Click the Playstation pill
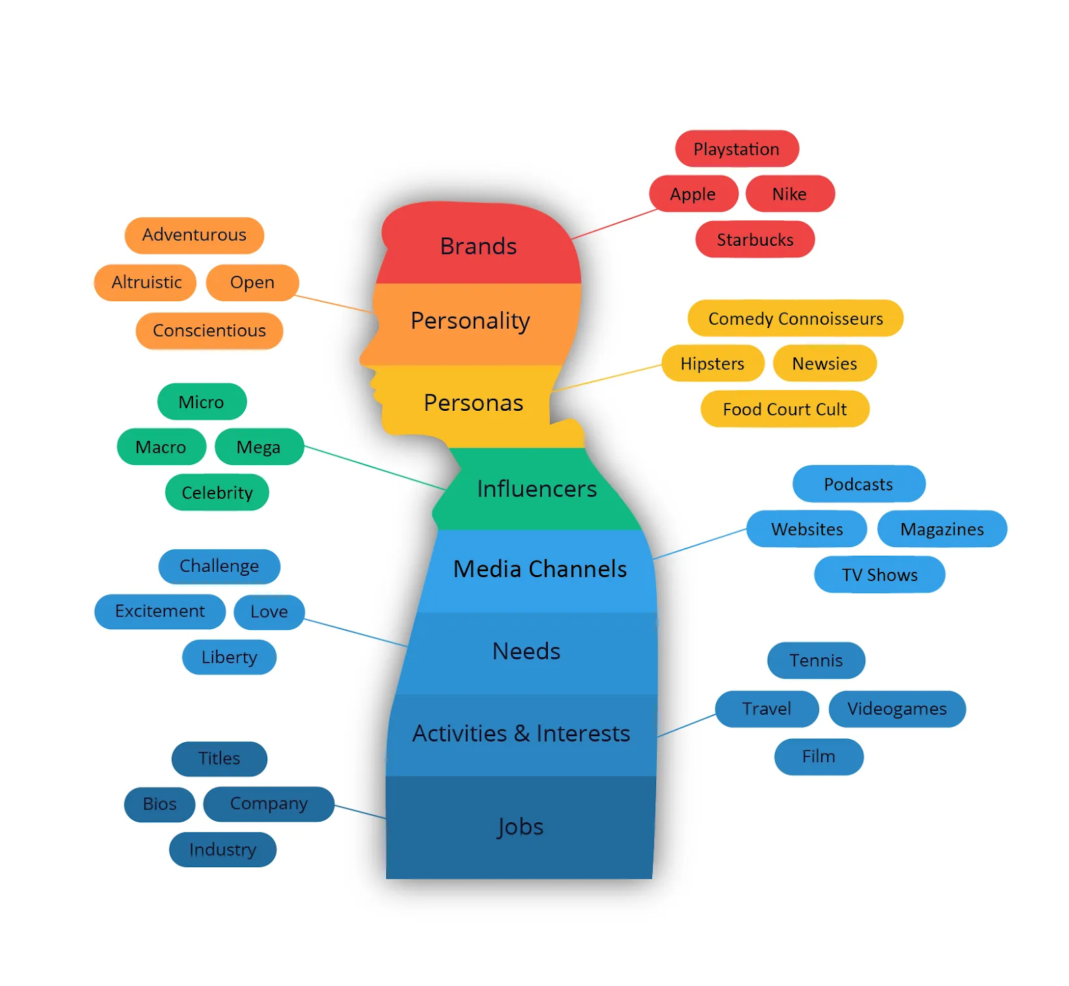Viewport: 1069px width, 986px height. click(x=736, y=149)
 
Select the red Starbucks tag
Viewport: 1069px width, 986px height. click(x=755, y=240)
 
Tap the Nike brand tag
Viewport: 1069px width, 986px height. click(x=790, y=194)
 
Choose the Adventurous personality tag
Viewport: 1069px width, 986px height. click(x=194, y=235)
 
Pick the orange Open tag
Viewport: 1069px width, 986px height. click(x=252, y=283)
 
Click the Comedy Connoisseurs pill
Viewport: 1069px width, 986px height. click(x=795, y=319)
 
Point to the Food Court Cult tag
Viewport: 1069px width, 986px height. click(x=784, y=409)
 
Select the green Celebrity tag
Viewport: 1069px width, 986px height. click(x=217, y=493)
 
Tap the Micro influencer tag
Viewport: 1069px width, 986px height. click(x=201, y=402)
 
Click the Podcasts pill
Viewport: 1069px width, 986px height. click(x=859, y=484)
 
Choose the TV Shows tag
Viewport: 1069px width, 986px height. click(x=879, y=575)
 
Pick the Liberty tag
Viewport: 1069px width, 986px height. click(x=229, y=657)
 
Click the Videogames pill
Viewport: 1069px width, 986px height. click(x=897, y=709)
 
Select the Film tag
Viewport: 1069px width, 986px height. click(x=818, y=757)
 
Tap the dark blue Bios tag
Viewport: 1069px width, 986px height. click(x=160, y=804)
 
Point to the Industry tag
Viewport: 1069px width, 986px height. click(x=222, y=850)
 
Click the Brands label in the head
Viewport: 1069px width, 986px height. click(x=478, y=246)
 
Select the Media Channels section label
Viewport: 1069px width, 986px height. click(x=540, y=569)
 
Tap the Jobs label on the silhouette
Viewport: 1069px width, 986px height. click(x=520, y=827)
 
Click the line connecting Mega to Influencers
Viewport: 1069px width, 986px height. click(x=374, y=468)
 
